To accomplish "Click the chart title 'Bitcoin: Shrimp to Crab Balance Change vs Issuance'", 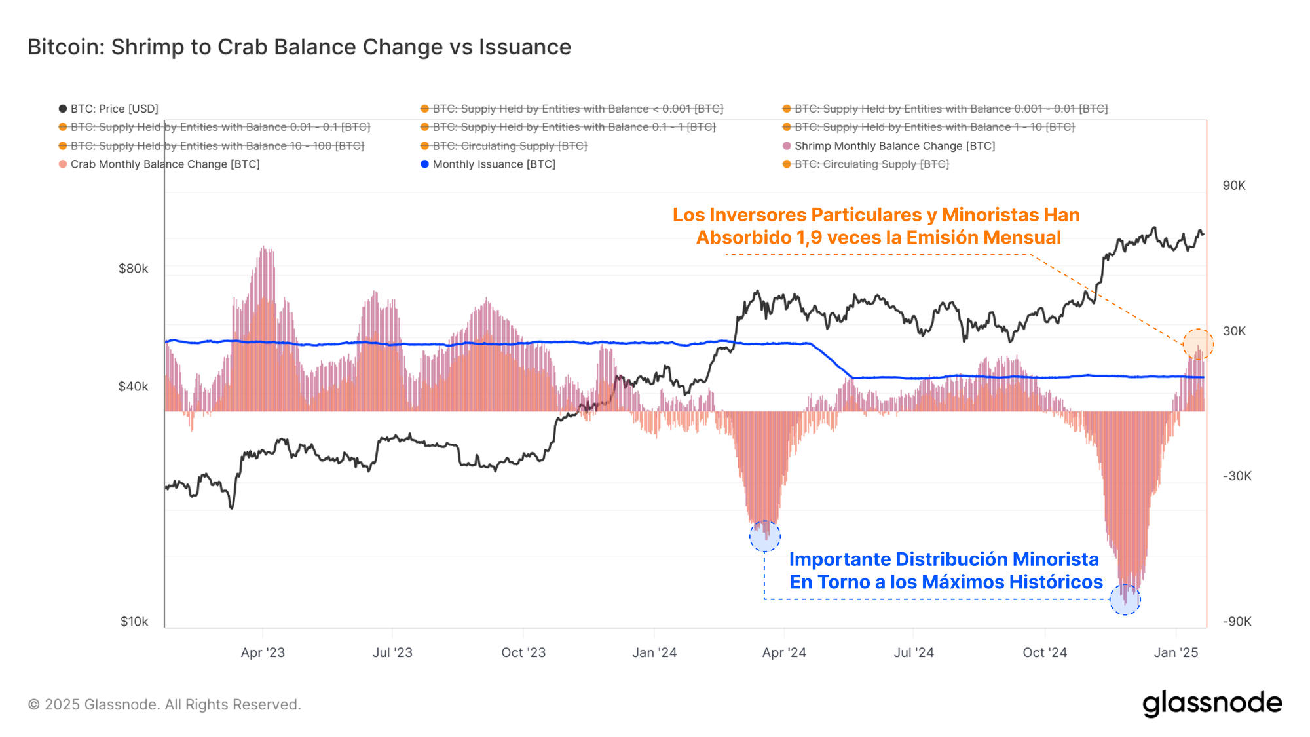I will (299, 47).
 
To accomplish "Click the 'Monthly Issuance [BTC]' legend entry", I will (493, 164).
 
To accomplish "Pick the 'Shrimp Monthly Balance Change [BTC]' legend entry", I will (894, 146).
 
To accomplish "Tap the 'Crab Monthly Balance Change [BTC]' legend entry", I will (164, 164).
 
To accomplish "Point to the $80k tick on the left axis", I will (133, 269).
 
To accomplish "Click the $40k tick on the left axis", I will (133, 387).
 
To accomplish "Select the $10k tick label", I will (134, 622).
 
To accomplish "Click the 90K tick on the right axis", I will (1234, 185).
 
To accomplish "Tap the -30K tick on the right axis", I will (1237, 476).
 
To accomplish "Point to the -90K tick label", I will (1237, 622).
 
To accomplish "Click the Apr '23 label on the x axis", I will (263, 652).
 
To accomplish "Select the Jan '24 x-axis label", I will (654, 652).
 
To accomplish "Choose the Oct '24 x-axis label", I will (1045, 652).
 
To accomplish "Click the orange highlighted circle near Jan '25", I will (1198, 345).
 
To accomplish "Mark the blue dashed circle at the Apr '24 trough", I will (765, 537).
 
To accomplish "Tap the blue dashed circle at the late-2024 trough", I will (1125, 599).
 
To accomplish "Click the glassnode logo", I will (1212, 704).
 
